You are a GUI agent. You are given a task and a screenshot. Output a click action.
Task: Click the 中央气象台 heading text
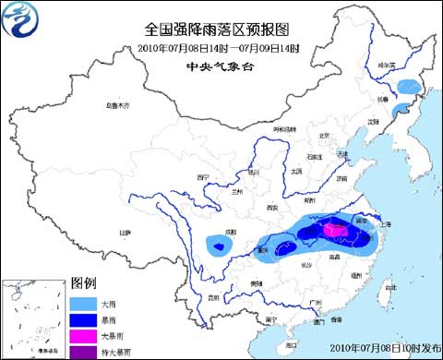tap(219, 66)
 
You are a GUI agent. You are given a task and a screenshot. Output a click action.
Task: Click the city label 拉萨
tap(123, 232)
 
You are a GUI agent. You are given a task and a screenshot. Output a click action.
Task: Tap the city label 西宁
tap(204, 176)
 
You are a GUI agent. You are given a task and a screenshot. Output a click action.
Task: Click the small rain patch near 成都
tap(218, 245)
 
